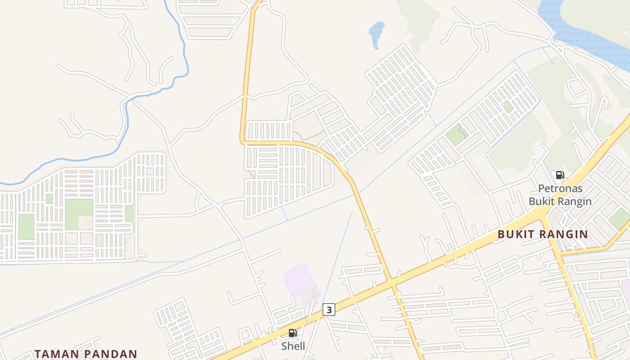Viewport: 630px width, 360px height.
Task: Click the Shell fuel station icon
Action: pyautogui.click(x=292, y=333)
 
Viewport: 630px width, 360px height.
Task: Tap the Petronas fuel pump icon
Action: pyautogui.click(x=560, y=175)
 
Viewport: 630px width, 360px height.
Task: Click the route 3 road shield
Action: pyautogui.click(x=329, y=310)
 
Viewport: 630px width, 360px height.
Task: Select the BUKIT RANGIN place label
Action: pyautogui.click(x=543, y=234)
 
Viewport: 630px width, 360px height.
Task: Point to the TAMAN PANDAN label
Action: pyautogui.click(x=85, y=354)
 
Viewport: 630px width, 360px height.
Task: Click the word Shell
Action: pyautogui.click(x=293, y=346)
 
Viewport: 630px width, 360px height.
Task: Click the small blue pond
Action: pyautogui.click(x=376, y=32)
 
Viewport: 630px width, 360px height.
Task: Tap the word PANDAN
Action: pyautogui.click(x=109, y=354)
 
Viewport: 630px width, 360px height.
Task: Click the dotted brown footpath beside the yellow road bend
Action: pyautogui.click(x=310, y=135)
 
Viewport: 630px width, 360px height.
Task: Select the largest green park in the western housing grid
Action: pyautogui.click(x=79, y=214)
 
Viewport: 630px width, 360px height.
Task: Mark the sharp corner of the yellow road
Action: pyautogui.click(x=243, y=141)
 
